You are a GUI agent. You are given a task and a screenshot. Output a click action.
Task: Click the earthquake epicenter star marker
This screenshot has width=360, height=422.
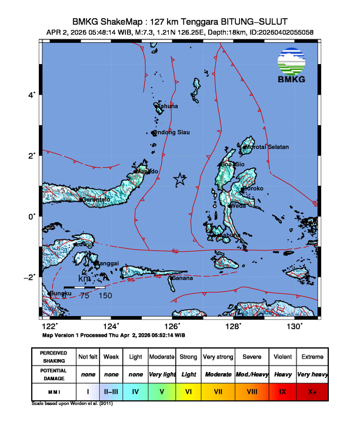coord(180,179)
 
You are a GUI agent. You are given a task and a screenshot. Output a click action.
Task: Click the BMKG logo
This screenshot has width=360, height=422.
coord(295,67)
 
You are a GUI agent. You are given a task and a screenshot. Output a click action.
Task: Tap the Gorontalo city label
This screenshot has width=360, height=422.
coord(95,200)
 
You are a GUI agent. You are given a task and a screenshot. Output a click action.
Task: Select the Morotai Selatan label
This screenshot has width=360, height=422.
coord(268,147)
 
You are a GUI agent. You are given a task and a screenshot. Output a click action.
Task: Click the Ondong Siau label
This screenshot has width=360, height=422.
coord(171,133)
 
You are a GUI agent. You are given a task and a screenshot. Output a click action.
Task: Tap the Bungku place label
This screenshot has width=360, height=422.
coord(59,293)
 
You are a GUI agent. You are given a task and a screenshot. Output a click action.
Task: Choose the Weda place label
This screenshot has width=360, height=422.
coord(238,206)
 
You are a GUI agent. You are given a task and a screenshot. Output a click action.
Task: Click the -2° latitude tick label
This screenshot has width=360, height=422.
coord(32,277)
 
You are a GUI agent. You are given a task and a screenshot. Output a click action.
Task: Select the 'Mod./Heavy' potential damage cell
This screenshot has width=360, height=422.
coord(251,374)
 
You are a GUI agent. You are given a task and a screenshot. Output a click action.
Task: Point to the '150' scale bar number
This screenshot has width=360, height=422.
coord(105,296)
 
